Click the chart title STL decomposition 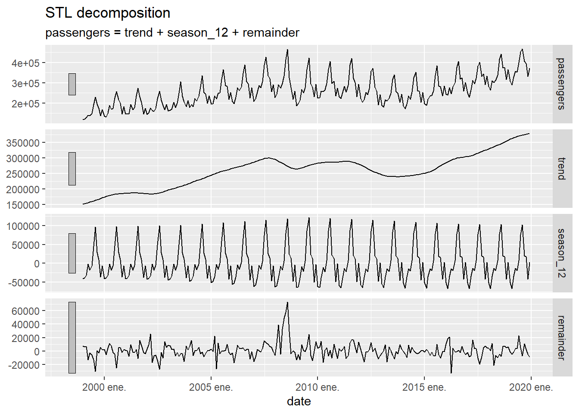point(108,13)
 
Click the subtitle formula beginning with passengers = point(172,33)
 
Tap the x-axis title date point(299,401)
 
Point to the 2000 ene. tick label point(104,387)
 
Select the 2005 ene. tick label point(211,387)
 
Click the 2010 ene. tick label point(318,387)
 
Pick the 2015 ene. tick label point(424,387)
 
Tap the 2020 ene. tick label point(531,387)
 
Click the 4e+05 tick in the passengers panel point(25,63)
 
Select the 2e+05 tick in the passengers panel point(25,103)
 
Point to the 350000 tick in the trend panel point(22,143)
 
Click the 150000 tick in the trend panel point(22,205)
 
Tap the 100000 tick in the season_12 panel point(22,226)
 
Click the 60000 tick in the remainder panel point(25,311)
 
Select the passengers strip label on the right point(561,84)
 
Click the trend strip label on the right point(561,169)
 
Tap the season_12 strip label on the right point(561,253)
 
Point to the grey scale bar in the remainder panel point(72,337)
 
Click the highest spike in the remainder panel point(287,303)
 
